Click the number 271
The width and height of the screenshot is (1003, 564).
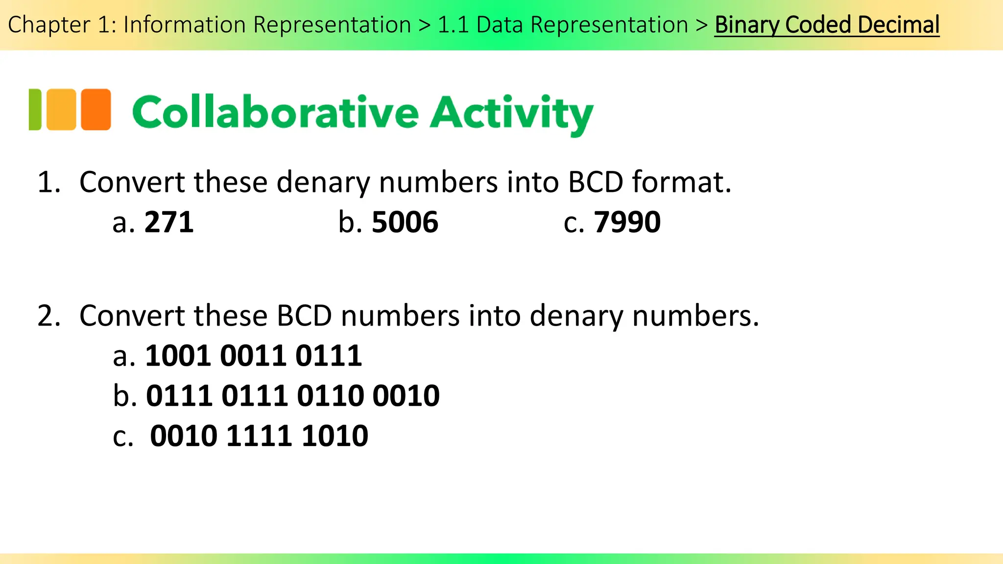[169, 222]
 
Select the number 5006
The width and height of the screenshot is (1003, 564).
[405, 222]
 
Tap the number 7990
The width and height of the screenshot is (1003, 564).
[627, 222]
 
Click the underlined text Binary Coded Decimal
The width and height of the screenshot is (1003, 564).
[827, 25]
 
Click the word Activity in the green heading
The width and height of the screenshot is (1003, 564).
[511, 114]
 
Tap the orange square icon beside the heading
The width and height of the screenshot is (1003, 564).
[96, 109]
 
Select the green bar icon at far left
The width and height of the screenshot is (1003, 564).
[35, 109]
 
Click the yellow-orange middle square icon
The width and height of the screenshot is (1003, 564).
[61, 109]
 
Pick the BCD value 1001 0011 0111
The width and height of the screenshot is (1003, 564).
[253, 356]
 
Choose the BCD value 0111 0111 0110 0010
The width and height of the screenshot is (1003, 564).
[292, 396]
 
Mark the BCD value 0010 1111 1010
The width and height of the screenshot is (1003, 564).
[259, 436]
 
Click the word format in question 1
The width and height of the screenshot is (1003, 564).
[681, 182]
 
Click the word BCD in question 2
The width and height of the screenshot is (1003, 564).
[304, 316]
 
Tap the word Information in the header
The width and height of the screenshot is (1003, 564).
[184, 25]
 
